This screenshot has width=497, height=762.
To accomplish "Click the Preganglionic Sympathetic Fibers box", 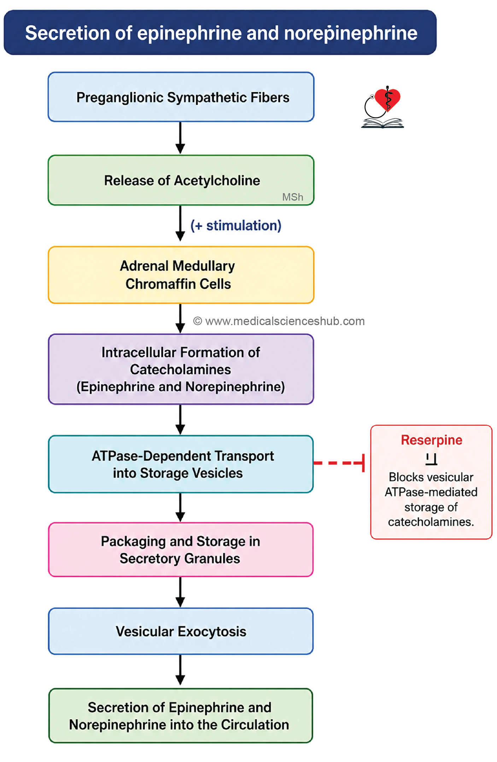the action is [181, 97].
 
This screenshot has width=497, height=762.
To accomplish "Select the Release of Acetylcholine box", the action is [181, 180].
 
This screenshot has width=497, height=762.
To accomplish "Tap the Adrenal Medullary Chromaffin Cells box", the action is [181, 275].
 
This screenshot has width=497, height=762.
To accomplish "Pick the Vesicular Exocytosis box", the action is [181, 631].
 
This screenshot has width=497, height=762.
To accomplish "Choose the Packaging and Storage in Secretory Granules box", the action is [181, 550].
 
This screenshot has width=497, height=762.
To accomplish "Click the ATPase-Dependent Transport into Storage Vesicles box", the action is [181, 464].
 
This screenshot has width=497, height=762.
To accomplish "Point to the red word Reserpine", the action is [432, 440].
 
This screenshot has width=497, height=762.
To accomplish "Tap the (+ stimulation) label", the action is [236, 226].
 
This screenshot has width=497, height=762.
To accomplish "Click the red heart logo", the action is [388, 99].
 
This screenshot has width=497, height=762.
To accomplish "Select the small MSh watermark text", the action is [293, 197].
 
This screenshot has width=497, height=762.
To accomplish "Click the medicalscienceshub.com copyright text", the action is [279, 321].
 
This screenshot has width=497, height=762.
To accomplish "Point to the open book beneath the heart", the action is [382, 123].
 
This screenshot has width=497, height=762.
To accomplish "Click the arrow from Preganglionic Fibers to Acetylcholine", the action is [180, 138].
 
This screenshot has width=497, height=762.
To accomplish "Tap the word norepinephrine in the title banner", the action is [351, 33].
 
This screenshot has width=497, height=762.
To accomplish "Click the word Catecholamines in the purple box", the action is [181, 370].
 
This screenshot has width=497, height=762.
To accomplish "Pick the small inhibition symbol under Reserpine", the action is [431, 459].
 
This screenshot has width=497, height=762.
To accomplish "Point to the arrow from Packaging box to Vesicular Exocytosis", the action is [180, 592].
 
